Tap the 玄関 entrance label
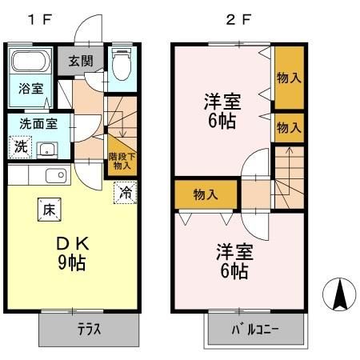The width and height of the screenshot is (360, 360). pos(80,61)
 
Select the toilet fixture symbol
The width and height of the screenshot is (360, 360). pos(122,66)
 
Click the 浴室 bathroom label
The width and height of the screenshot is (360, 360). pos(30,90)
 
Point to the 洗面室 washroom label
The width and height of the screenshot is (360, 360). pos(37,124)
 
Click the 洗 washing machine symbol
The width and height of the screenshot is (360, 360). pos(22,147)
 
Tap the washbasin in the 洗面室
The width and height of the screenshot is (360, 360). pos(46,148)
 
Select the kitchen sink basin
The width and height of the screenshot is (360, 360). pos(54,176)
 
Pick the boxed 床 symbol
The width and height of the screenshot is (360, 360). pos(47,210)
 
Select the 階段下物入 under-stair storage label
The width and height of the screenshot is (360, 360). pos(122,161)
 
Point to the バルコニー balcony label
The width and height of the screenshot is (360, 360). pos(256,330)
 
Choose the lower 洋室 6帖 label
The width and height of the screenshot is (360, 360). pos(232,260)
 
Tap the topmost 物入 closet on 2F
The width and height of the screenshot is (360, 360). pos(289,78)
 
